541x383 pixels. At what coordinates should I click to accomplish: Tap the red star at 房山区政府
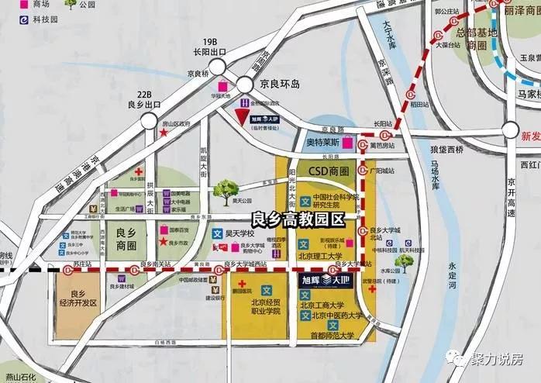point(164,133)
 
